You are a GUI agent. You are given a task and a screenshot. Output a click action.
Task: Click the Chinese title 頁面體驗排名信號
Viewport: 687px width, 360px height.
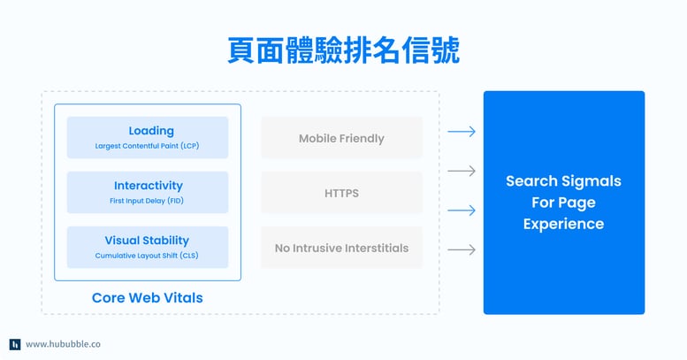tap(342, 50)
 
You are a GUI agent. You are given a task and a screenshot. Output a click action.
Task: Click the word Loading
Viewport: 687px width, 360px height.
tap(151, 130)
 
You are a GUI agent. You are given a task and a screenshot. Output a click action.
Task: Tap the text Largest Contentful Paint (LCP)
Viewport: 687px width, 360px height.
tap(148, 146)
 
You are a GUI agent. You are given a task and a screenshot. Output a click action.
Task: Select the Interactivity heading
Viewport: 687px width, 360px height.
tap(148, 186)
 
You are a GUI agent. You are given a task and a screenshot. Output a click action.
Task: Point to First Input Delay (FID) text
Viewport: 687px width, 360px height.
tap(148, 201)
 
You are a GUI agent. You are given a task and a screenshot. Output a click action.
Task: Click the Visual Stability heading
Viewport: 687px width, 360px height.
tap(147, 240)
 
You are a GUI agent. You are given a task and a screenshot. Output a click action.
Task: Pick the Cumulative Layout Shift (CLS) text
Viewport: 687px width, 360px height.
tap(148, 256)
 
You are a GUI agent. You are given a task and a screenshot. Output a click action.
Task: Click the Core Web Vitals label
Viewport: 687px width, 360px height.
tap(147, 298)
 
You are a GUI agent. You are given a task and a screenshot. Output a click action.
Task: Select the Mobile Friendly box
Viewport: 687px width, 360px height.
tap(341, 138)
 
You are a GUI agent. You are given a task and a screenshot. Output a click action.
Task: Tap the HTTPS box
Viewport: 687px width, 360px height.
tap(341, 193)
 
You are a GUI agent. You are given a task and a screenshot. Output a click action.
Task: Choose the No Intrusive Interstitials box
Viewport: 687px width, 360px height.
tap(341, 248)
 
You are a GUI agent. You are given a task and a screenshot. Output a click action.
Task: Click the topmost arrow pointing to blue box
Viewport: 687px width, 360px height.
tap(462, 132)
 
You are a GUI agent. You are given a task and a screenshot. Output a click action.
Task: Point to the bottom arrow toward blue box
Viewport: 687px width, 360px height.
tap(462, 250)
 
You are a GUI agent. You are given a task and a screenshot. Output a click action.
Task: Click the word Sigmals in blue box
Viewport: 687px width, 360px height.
tap(592, 181)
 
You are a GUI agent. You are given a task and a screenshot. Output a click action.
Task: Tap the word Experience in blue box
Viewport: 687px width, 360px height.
tap(563, 224)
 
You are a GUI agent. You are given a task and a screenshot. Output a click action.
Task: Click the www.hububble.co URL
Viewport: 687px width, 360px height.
tap(63, 344)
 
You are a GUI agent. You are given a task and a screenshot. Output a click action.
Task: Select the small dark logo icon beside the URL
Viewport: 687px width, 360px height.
tap(15, 344)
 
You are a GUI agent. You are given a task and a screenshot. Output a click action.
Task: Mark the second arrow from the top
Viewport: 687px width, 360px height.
tap(462, 171)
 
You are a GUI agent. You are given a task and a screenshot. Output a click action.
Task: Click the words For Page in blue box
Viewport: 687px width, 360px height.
tap(563, 203)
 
